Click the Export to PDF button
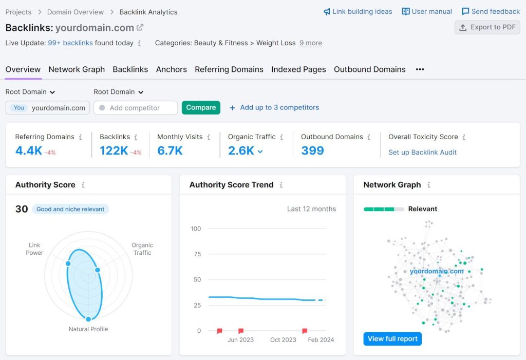[x=487, y=28]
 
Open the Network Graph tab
[x=77, y=69]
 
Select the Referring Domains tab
[x=229, y=69]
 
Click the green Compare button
[x=201, y=107]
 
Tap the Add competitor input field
[x=136, y=108]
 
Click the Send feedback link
[x=491, y=11]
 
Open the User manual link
[x=427, y=11]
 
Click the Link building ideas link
[x=358, y=11]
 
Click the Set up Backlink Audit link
[x=422, y=152]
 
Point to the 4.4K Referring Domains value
[x=29, y=150]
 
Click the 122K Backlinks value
[x=114, y=150]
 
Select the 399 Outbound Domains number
[x=312, y=150]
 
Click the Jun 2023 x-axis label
[x=240, y=339]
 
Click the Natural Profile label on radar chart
[x=88, y=329]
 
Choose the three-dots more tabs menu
[x=420, y=69]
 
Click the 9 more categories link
[x=311, y=43]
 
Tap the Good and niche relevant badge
[x=70, y=209]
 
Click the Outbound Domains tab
[x=369, y=69]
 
